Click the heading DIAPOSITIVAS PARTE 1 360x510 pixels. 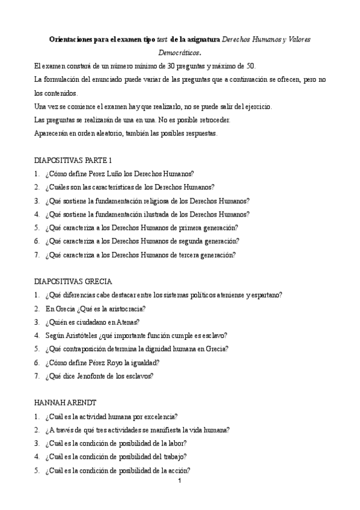pos(73,160)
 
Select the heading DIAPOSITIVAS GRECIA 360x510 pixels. pos(73,281)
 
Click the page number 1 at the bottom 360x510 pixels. pos(179,481)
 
